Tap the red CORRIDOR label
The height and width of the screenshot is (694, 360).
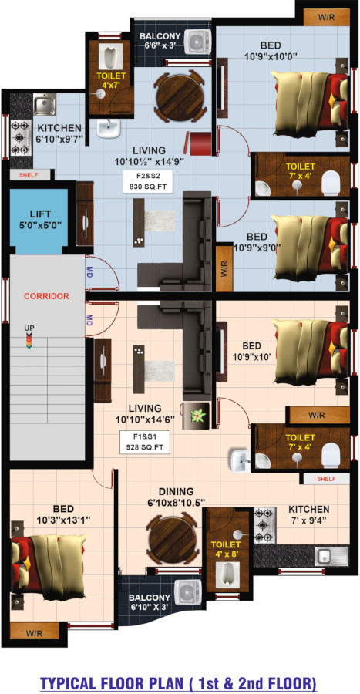click(x=46, y=296)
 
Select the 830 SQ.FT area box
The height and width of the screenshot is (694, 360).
click(x=144, y=180)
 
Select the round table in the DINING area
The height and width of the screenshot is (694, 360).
click(x=172, y=537)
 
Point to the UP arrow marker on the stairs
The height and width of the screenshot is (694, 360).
click(x=29, y=340)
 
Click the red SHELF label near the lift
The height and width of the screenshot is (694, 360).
click(x=29, y=175)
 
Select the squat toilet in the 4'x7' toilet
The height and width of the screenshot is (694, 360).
click(x=110, y=56)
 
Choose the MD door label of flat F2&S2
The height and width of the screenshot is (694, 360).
click(x=89, y=271)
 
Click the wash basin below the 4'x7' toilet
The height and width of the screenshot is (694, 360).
click(x=109, y=128)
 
